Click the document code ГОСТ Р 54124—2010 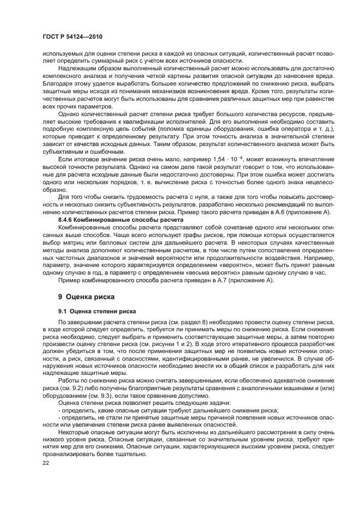point(72,36)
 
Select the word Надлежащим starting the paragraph point(76,68)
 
